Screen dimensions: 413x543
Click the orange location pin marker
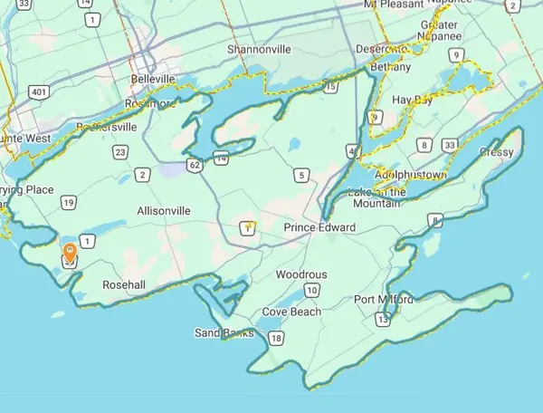click(x=70, y=252)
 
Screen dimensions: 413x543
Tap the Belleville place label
click(x=153, y=80)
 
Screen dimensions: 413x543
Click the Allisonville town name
click(x=163, y=210)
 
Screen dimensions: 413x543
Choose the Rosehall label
click(x=124, y=284)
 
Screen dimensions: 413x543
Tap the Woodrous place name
click(x=301, y=274)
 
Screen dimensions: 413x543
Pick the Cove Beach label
click(x=291, y=312)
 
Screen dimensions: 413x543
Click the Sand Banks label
click(x=219, y=333)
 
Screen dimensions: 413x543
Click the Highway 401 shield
click(x=38, y=91)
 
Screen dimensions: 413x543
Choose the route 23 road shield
click(x=120, y=153)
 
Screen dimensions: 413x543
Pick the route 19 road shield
click(x=68, y=203)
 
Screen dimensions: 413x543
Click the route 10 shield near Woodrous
click(x=311, y=290)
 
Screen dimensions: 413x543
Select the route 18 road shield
click(x=276, y=339)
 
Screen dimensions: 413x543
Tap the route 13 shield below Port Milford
click(x=384, y=319)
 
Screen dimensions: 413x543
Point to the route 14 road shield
click(x=221, y=158)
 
